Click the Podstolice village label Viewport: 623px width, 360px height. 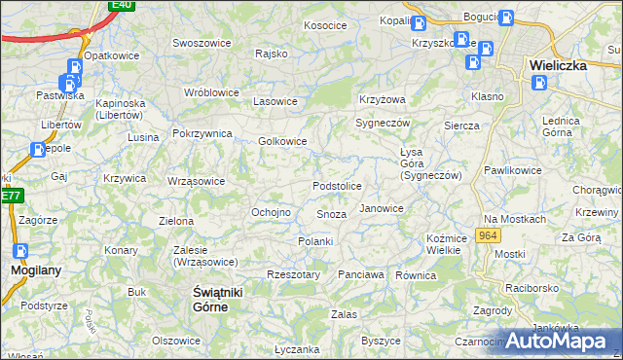337,186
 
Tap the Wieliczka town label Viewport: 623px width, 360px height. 557,65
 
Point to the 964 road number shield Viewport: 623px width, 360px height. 489,236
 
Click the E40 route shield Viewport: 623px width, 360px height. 121,5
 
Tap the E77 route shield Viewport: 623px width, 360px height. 11,196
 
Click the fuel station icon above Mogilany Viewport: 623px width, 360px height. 20,250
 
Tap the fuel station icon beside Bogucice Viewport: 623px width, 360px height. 505,18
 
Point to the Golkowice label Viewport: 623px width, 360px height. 282,141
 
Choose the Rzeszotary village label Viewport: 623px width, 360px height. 293,275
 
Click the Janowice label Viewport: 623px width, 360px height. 381,208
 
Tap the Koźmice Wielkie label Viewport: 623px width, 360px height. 443,244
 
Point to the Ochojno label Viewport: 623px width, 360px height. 272,212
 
